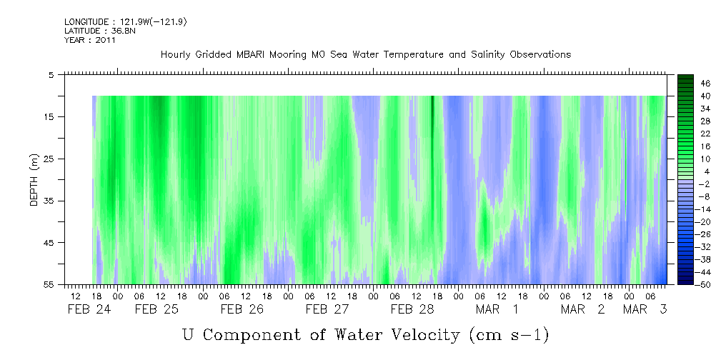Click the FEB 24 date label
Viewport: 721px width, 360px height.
click(x=89, y=309)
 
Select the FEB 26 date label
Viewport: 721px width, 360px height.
click(x=242, y=309)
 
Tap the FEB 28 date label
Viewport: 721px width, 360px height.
click(x=412, y=309)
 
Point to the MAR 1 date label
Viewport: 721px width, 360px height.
click(x=497, y=309)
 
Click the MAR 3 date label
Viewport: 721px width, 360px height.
click(x=645, y=309)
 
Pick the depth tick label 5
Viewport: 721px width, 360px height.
click(x=50, y=74)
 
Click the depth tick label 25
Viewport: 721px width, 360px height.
click(x=47, y=159)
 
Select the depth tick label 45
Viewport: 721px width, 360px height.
click(x=47, y=242)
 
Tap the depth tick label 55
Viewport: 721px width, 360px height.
click(x=47, y=284)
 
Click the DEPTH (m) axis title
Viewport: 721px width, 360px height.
click(x=34, y=180)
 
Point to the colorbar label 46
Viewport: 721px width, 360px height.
click(x=705, y=84)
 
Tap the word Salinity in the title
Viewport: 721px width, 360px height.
click(x=485, y=55)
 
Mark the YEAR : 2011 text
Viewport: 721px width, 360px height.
click(x=89, y=40)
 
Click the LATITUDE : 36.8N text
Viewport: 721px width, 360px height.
click(x=100, y=31)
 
